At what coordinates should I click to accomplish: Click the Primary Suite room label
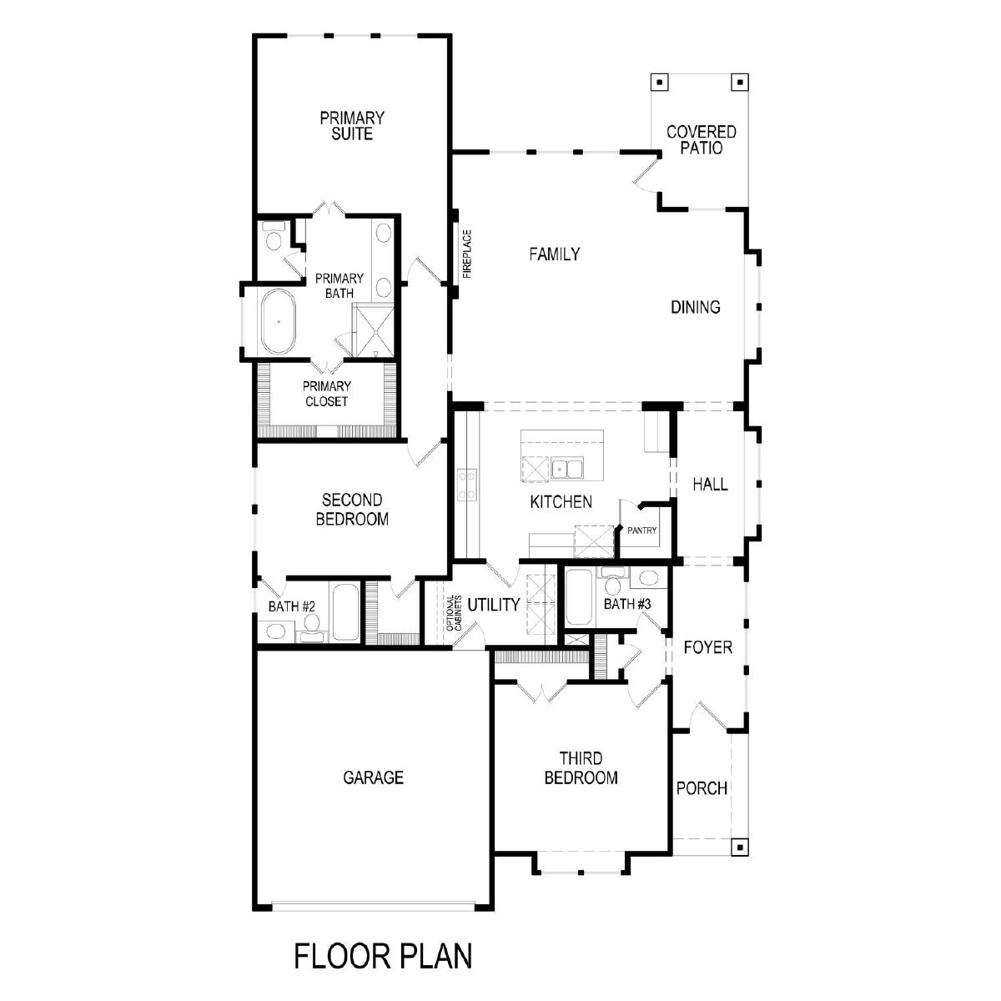[352, 126]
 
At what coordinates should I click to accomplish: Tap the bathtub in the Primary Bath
[278, 321]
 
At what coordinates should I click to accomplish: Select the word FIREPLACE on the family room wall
[467, 254]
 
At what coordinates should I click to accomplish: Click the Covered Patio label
[702, 140]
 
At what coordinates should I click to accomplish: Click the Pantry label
[641, 531]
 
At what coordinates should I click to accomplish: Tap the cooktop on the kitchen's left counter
[466, 484]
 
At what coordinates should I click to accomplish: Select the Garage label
[373, 777]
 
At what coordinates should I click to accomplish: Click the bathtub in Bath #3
[579, 597]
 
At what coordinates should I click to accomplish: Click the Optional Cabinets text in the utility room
[454, 613]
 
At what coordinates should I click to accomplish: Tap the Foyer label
[707, 647]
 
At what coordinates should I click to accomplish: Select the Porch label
[702, 788]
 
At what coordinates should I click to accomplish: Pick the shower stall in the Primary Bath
[373, 331]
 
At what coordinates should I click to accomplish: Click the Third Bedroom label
[581, 768]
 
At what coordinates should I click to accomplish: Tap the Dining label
[695, 308]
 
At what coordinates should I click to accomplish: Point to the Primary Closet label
[327, 394]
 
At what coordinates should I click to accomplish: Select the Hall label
[710, 485]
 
